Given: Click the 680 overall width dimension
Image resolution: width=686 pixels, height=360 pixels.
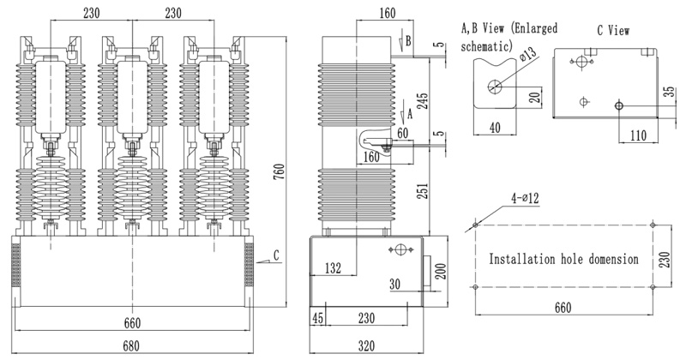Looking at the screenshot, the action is (131, 346).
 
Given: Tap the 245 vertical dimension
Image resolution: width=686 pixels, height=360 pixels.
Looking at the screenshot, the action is (423, 101).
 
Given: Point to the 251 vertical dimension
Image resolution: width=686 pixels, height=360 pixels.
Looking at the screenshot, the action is (423, 191).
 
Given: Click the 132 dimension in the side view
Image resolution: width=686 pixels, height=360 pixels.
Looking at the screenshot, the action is (333, 268).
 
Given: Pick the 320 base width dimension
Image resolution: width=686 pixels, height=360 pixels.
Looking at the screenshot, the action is (366, 346).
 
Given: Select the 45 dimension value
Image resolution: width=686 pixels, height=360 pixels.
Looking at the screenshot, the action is (318, 318).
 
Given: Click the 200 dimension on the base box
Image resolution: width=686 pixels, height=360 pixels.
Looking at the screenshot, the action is (441, 271).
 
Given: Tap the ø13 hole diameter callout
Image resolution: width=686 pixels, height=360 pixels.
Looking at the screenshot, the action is (528, 55).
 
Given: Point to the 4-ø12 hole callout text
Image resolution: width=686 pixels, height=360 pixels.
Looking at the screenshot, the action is (525, 198).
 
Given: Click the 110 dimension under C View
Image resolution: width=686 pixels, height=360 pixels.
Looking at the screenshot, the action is (638, 135).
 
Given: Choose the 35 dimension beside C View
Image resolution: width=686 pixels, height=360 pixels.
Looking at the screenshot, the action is (670, 92).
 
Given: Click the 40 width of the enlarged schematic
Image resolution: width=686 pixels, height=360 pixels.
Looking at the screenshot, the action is (495, 128).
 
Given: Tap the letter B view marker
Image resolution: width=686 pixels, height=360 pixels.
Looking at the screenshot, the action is (408, 40).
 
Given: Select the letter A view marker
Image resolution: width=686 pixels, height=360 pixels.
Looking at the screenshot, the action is (410, 114).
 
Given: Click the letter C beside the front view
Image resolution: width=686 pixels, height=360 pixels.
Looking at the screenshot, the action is (276, 255).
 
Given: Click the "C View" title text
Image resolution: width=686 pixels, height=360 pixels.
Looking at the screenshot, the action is (613, 31).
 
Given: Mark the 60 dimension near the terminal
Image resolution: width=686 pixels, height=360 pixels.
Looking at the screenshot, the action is (402, 133).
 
